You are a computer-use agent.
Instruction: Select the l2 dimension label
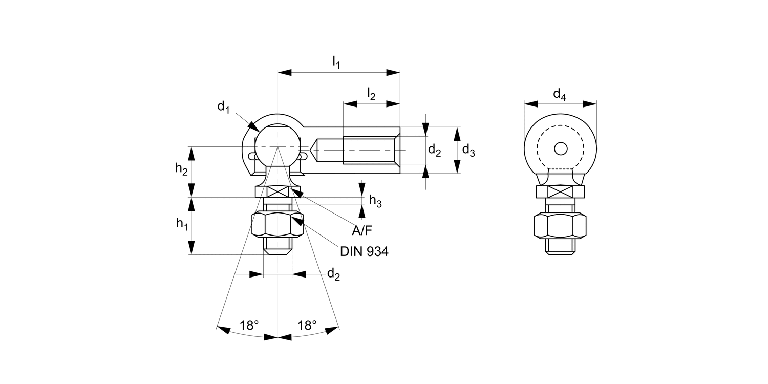click(371, 94)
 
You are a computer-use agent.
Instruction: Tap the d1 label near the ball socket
click(223, 107)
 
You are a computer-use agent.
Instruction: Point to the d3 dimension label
click(468, 150)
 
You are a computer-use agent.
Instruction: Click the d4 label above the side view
click(560, 94)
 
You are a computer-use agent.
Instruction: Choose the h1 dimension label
click(181, 223)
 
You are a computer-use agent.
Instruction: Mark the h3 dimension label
click(375, 202)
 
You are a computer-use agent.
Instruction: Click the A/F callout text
click(362, 231)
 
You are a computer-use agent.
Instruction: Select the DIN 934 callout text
click(364, 251)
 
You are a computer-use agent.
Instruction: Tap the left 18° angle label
click(249, 325)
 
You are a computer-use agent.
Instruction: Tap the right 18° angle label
click(307, 325)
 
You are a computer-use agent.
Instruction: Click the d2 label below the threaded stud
click(333, 274)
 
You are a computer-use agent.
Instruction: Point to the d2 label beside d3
click(434, 150)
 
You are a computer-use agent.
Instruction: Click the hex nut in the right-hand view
click(560, 226)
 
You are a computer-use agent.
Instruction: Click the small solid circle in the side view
click(561, 148)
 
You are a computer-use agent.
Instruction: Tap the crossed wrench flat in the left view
click(278, 192)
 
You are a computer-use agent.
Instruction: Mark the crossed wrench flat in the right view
click(560, 193)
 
